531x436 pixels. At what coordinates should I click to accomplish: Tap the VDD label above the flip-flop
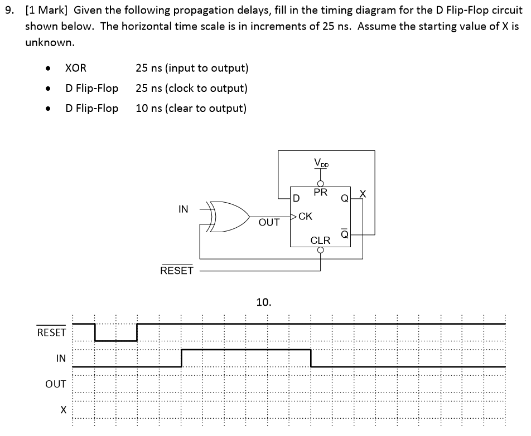pos(321,163)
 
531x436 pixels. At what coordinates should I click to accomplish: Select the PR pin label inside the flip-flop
pos(321,193)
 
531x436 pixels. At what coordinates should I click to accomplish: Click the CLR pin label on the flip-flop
pos(321,241)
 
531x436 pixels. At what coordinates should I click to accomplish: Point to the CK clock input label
pos(306,216)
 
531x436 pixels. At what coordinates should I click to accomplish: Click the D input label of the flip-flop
pos(296,198)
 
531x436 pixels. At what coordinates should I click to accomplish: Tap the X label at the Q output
pos(363,193)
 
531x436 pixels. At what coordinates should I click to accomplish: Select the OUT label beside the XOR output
pos(269,222)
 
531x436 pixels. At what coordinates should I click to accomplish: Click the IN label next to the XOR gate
pos(183,209)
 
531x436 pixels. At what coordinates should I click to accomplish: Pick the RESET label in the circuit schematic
pos(176,271)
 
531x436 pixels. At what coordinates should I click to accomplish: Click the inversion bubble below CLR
pos(321,249)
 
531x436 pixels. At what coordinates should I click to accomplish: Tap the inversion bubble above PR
pos(321,183)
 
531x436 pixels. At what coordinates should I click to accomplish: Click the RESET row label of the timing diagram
pos(51,332)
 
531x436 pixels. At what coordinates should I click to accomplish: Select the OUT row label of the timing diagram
pos(56,384)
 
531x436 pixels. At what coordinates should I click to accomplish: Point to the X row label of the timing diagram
pos(63,409)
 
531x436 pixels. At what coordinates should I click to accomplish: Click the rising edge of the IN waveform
pos(181,358)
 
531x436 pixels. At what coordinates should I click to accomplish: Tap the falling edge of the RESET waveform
pos(95,332)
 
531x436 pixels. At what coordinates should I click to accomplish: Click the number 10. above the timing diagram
pos(263,302)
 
